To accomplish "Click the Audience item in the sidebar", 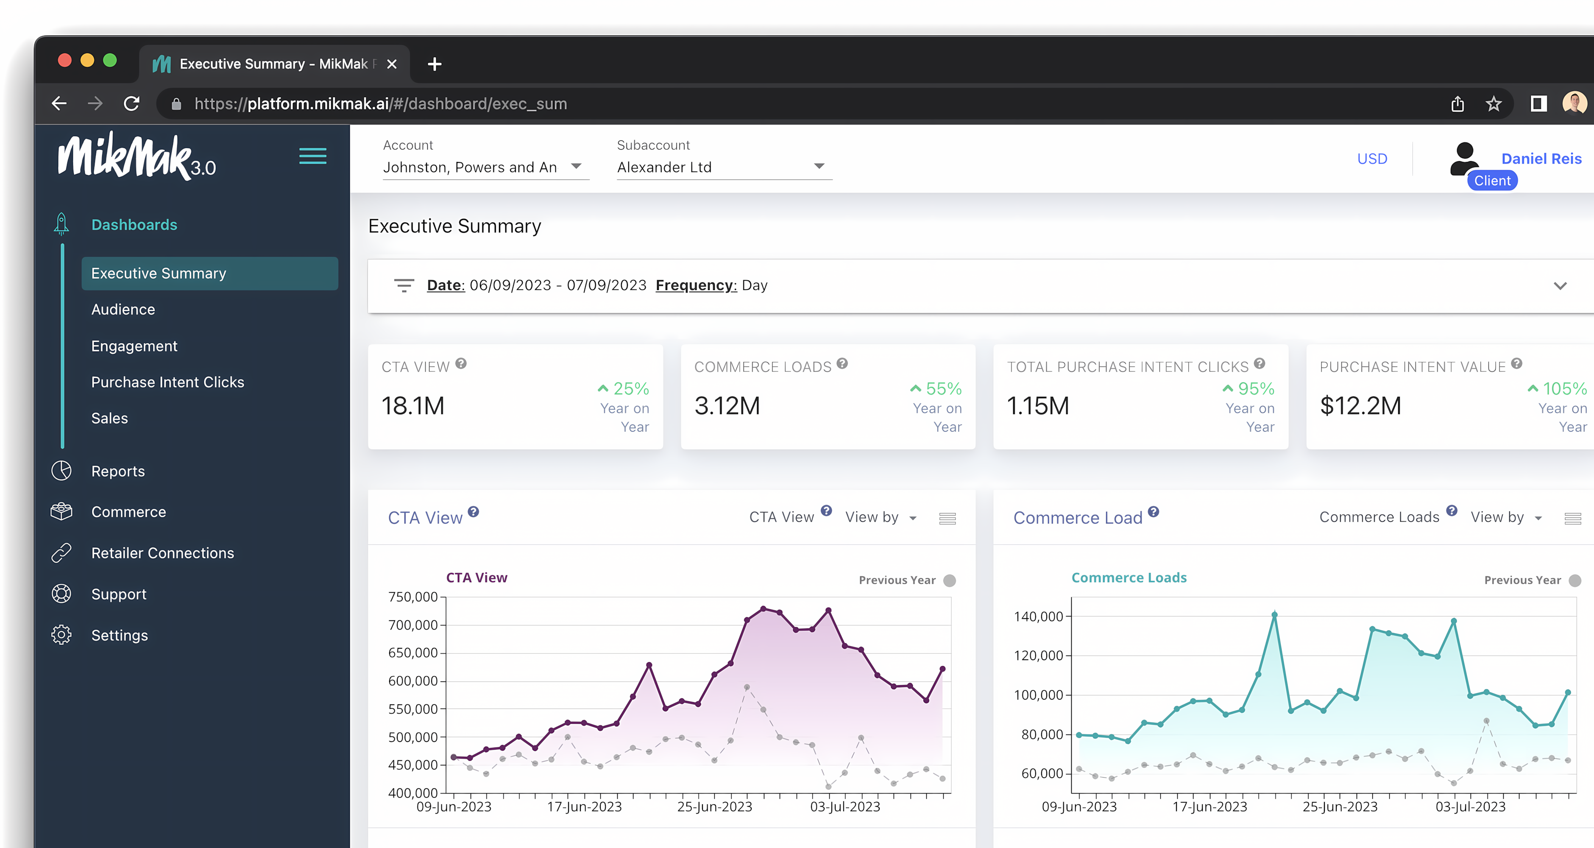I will point(123,310).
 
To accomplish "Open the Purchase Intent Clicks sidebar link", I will point(168,382).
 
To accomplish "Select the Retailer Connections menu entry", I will point(162,553).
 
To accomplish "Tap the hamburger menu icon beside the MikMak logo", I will point(312,156).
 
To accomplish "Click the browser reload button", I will point(131,103).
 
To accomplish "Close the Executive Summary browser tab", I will point(392,64).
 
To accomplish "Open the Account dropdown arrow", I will point(576,166).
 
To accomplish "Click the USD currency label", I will point(1372,159).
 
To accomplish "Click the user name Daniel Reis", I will point(1541,159).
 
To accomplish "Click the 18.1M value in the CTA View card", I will point(413,406).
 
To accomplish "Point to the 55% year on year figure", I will point(943,389).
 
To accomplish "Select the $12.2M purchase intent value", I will point(1360,406).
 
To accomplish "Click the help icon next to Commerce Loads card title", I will point(842,363).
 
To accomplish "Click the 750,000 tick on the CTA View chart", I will point(413,597).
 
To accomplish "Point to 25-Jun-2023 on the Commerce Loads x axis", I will point(1340,806).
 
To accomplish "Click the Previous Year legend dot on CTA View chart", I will point(949,580).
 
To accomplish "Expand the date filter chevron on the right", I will point(1560,286).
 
